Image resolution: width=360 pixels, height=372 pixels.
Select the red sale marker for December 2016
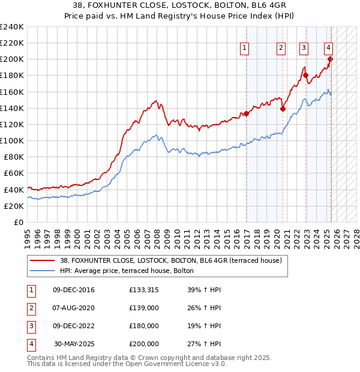[246, 113]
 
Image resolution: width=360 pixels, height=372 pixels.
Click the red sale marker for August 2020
[283, 109]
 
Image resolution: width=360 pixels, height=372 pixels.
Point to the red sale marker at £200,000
[330, 59]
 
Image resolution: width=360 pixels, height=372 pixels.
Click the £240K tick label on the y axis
[12, 27]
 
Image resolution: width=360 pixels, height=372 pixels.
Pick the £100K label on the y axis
[12, 140]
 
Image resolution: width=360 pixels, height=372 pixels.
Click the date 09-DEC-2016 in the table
[74, 290]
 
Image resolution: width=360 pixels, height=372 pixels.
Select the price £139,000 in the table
[144, 308]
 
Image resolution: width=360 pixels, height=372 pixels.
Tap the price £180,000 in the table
[144, 326]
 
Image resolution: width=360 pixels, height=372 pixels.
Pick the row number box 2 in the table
[29, 308]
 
